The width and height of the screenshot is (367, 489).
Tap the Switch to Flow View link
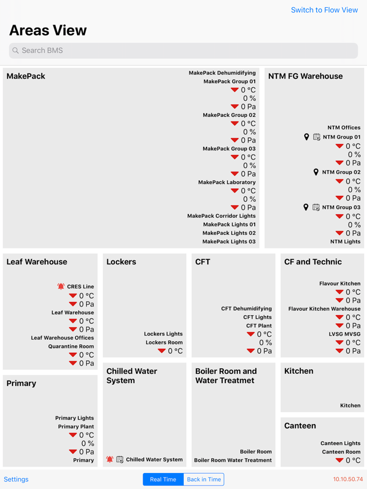pos(324,10)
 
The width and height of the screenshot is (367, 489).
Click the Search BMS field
pos(183,51)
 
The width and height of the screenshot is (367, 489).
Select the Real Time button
pos(163,479)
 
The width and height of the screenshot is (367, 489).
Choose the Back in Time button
pos(204,479)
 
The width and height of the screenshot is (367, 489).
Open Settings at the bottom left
pos(16,479)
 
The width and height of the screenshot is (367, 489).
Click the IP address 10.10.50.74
pos(348,479)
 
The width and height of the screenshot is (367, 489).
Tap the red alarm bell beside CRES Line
pos(61,287)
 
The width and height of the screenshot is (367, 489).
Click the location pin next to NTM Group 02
pos(316,172)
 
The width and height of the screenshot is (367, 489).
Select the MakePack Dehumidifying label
pos(222,73)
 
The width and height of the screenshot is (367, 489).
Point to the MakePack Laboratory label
pos(227,182)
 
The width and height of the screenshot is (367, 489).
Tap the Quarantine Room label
pos(71,347)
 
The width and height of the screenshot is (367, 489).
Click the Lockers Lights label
pos(163,334)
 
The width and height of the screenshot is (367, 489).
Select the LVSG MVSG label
pos(344,334)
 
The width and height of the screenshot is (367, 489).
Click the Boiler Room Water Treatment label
pos(233,460)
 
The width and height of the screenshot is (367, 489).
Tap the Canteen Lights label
pos(340,443)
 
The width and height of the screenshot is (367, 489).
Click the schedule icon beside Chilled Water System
pos(120,459)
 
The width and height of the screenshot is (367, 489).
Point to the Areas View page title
pos(48,30)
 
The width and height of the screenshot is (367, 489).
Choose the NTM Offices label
pos(344,128)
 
